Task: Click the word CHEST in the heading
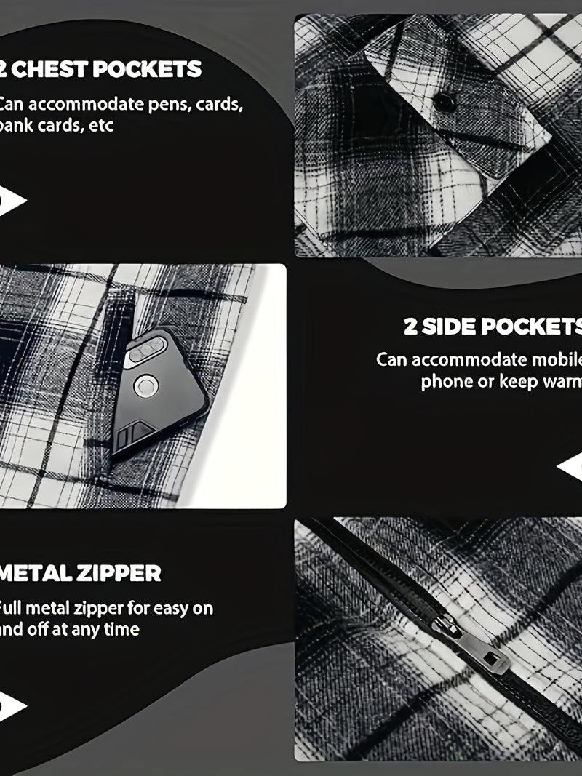pyautogui.click(x=52, y=70)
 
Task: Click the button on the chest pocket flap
pyautogui.click(x=445, y=103)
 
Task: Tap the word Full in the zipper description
pyautogui.click(x=13, y=607)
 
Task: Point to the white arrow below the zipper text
pyautogui.click(x=13, y=705)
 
